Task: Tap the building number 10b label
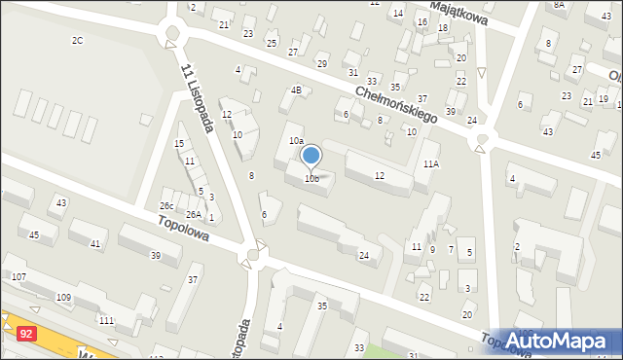[x=311, y=179]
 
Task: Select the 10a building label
[x=296, y=141]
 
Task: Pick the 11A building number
[x=430, y=164]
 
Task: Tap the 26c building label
[x=166, y=205]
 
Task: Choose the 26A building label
[x=194, y=214]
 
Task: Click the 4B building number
[x=295, y=90]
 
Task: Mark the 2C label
[x=77, y=40]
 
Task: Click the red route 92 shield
[x=26, y=334]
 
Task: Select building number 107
[x=18, y=277]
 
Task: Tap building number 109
[x=64, y=296]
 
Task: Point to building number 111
[x=106, y=320]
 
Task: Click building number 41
[x=94, y=243]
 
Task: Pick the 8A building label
[x=559, y=5]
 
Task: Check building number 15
[x=179, y=144]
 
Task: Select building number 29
[x=321, y=64]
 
